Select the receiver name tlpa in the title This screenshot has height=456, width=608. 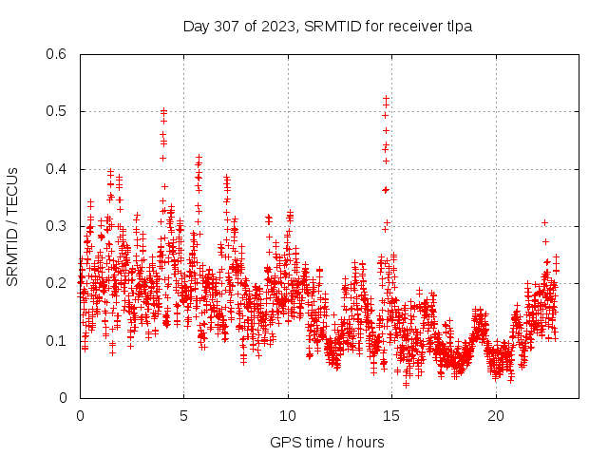[460, 27]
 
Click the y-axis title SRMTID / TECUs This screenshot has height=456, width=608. [12, 226]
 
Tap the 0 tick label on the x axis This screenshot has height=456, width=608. [80, 416]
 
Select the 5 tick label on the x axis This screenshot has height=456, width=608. [183, 416]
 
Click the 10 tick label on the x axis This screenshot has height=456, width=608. [288, 416]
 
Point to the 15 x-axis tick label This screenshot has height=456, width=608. [391, 416]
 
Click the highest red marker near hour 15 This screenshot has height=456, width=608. [386, 98]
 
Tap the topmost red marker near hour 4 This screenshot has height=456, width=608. [163, 111]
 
